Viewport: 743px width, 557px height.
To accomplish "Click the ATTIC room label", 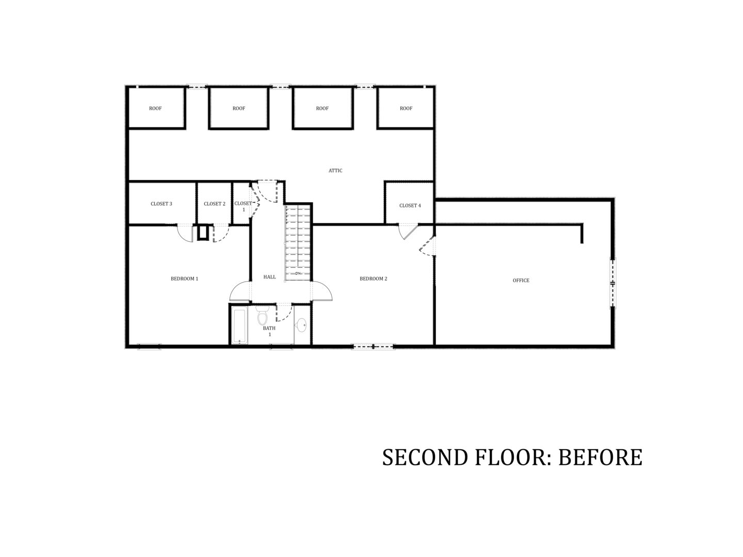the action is [335, 170].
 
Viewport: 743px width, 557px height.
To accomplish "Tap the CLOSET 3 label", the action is [161, 204].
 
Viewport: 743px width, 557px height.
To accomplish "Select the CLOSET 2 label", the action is [214, 204].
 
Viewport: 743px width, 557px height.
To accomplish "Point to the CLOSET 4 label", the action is [410, 205].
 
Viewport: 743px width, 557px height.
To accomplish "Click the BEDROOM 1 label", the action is [184, 278].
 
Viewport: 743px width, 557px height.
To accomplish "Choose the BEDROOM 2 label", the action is [373, 278].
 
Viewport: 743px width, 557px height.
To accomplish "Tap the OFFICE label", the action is [521, 281].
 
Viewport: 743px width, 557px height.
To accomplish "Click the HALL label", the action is [269, 277].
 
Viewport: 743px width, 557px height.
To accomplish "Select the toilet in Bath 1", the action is [262, 315].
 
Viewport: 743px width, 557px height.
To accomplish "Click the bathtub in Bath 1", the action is [240, 326].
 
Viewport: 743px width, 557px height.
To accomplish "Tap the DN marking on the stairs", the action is [298, 273].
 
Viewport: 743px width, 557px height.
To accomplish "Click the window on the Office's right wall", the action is [612, 283].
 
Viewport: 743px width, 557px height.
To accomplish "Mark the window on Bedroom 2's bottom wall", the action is [373, 346].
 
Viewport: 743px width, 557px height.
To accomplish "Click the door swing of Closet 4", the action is [408, 232].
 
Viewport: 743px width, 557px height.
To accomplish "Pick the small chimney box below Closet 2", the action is [202, 232].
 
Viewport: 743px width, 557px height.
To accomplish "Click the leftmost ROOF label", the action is [155, 108].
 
